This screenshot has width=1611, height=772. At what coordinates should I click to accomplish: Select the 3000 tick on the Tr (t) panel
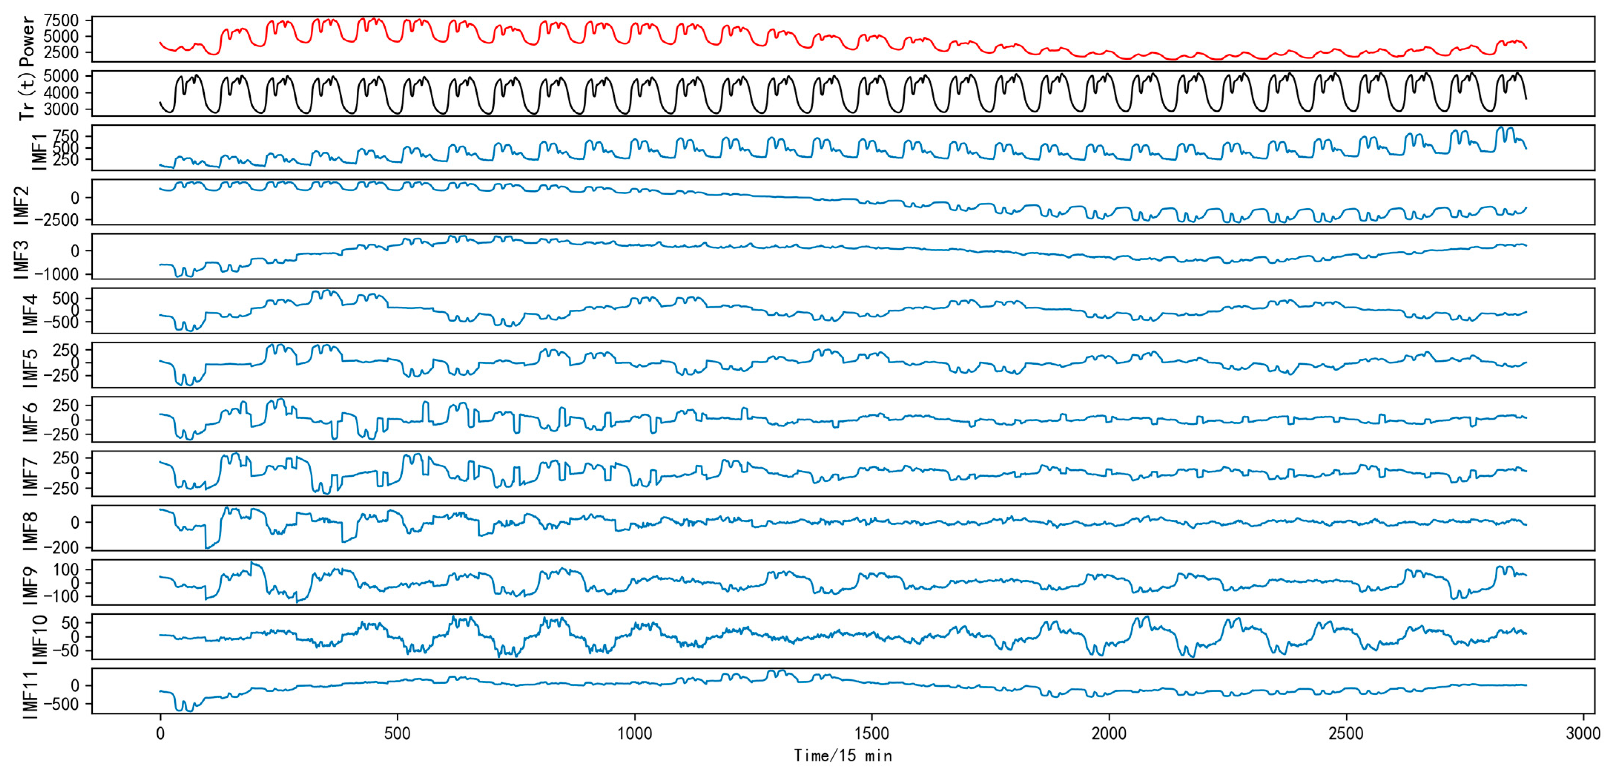tap(61, 109)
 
